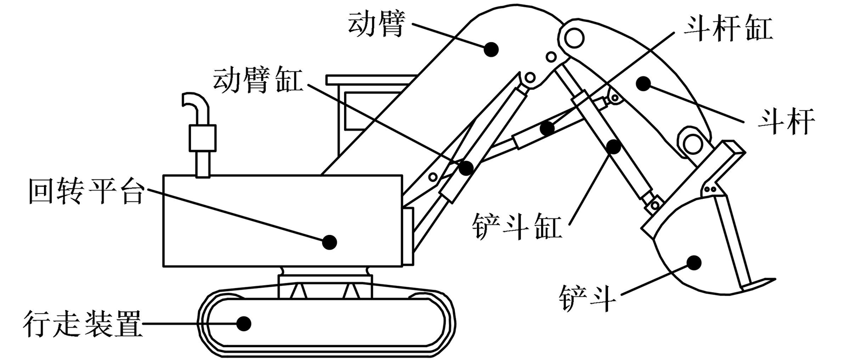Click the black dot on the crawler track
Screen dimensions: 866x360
click(243, 323)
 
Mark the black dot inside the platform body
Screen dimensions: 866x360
click(330, 241)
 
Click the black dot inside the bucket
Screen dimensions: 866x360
click(694, 263)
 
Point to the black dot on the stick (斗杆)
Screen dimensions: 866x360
click(644, 83)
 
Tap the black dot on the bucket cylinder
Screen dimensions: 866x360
click(613, 146)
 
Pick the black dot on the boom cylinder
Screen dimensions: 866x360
click(467, 168)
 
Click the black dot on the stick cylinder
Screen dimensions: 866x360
click(547, 128)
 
